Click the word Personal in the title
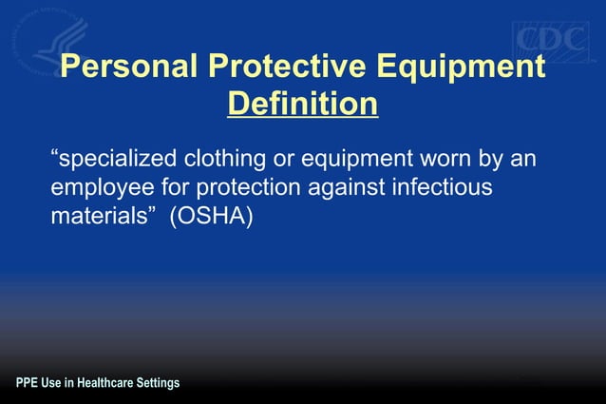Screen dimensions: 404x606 [127, 67]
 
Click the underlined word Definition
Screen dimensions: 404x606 [303, 104]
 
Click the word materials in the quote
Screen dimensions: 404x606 [102, 217]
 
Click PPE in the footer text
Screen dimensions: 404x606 [27, 384]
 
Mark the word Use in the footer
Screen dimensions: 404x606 [52, 384]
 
